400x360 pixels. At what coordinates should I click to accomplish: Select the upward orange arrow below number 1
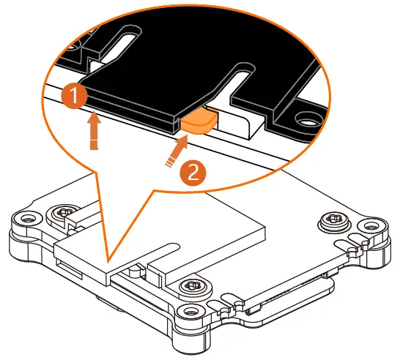tap(92, 132)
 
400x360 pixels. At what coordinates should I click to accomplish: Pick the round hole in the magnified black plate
tap(302, 116)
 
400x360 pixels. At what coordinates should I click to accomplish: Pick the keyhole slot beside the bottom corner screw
tap(233, 301)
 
